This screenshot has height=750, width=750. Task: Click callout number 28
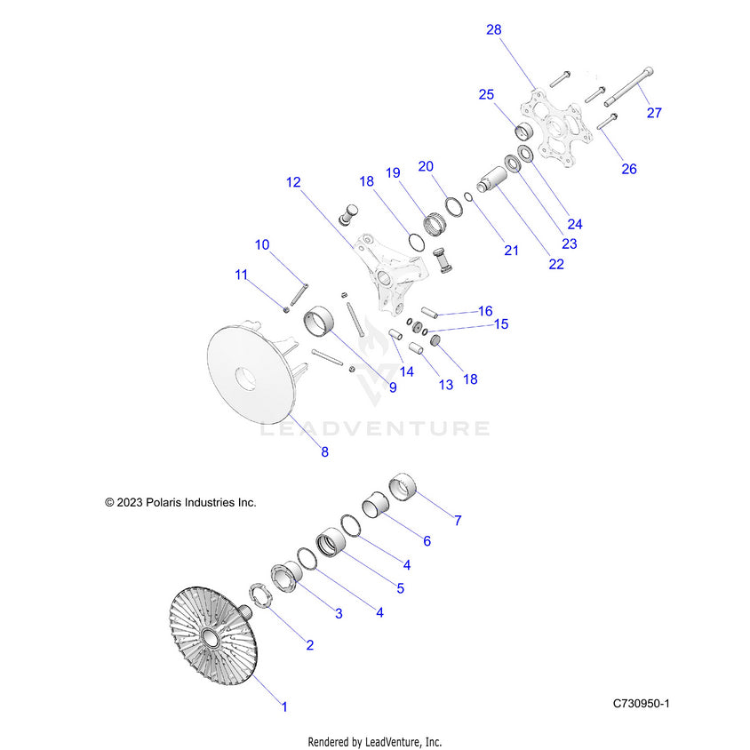coord(493,29)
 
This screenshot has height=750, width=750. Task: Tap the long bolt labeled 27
coord(628,87)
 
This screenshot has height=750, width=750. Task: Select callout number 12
coord(293,182)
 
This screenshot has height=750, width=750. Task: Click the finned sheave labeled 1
coord(213,634)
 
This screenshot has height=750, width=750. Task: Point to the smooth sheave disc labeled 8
coord(252,372)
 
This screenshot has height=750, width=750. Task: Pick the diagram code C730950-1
coord(641,703)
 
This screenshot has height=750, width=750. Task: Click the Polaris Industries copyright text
coord(180,502)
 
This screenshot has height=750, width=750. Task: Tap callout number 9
coord(393,387)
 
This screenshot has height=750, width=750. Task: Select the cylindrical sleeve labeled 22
coord(492,179)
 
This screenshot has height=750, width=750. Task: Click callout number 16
coord(485,311)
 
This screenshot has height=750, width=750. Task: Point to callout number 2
coord(310,645)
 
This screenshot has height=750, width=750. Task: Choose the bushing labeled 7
coord(403,486)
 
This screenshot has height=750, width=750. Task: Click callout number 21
coord(511,251)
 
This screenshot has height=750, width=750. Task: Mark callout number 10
coord(262,245)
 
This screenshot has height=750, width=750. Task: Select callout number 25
coord(486,94)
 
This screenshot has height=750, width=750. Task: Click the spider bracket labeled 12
coord(389,275)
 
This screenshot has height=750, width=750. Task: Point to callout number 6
coord(427,541)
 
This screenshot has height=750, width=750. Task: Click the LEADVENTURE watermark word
coord(375,428)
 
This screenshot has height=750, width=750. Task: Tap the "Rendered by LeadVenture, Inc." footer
coord(374,742)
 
